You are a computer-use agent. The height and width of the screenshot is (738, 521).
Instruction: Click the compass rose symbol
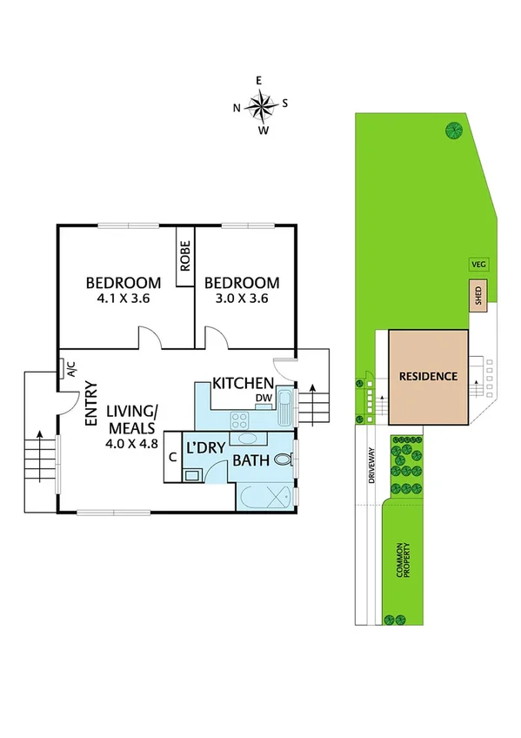pyautogui.click(x=261, y=106)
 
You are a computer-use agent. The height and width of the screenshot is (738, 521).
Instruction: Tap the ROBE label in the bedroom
pyautogui.click(x=185, y=257)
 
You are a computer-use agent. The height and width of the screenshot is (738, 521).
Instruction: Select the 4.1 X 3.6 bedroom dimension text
pyautogui.click(x=123, y=298)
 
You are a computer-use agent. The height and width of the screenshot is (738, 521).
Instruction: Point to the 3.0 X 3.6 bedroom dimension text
pyautogui.click(x=241, y=298)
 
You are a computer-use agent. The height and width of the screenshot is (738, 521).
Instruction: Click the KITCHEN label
pyautogui.click(x=244, y=384)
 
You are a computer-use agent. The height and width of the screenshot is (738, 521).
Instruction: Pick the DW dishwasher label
pyautogui.click(x=263, y=399)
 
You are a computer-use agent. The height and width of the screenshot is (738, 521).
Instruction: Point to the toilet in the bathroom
pyautogui.click(x=282, y=460)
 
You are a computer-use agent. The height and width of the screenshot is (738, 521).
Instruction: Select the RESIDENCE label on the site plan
pyautogui.click(x=428, y=377)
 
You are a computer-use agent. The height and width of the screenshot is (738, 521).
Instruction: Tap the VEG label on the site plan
pyautogui.click(x=477, y=264)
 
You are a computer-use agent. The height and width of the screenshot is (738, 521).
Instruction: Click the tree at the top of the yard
pyautogui.click(x=453, y=131)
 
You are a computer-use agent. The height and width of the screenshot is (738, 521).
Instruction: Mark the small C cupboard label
pyautogui.click(x=173, y=455)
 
